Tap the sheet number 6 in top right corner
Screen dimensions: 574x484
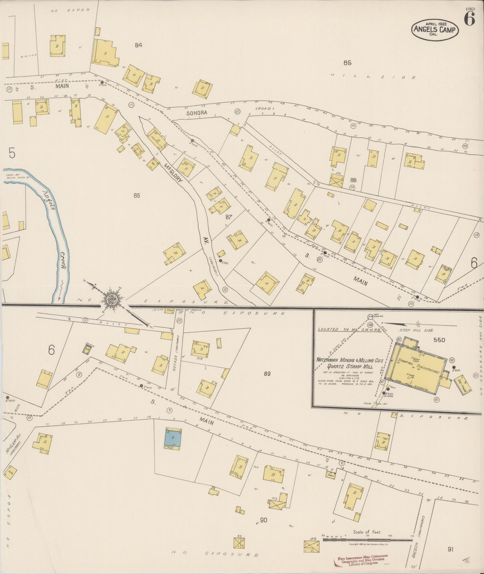(x=469, y=20)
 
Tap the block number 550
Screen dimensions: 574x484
(x=439, y=340)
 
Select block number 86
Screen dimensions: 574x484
(x=136, y=196)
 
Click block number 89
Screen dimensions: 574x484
(x=267, y=374)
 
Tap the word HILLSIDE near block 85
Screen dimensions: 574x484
(x=373, y=77)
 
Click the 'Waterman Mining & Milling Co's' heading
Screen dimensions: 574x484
(x=349, y=360)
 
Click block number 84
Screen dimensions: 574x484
(x=138, y=45)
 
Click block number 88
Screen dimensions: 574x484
(x=353, y=180)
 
